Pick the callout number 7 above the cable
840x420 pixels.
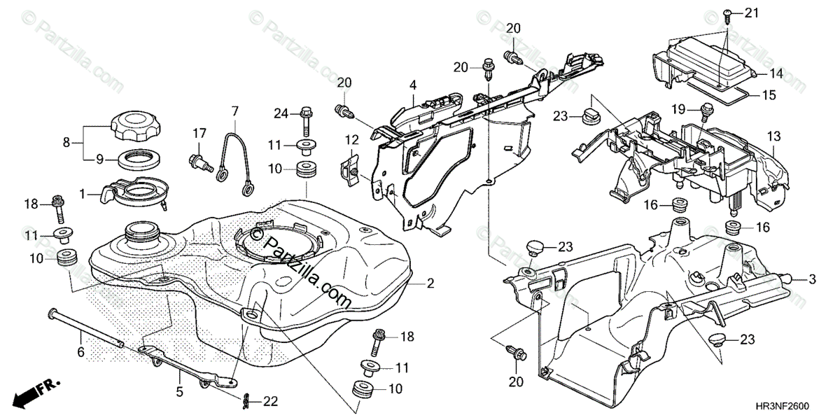[235, 111]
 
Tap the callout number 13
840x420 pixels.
[773, 134]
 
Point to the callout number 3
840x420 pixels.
[813, 279]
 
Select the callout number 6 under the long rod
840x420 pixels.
[80, 353]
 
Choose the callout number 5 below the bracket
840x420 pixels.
[178, 392]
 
